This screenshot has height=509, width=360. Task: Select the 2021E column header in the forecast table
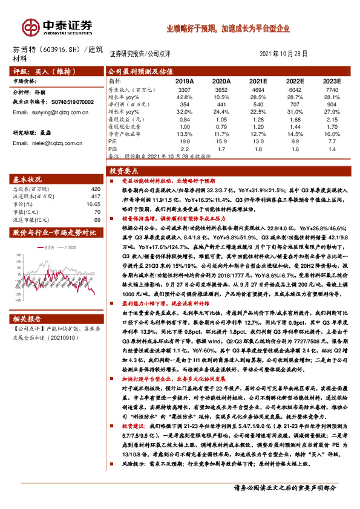[x=258, y=80]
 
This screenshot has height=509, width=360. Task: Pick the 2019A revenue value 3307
[x=185, y=89]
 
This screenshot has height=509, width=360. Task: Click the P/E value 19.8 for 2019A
[x=185, y=140]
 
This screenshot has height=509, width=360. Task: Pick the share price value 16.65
[x=93, y=205]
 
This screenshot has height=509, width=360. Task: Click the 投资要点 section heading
[x=123, y=172]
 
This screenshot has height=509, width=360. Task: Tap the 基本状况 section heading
[x=28, y=179]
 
